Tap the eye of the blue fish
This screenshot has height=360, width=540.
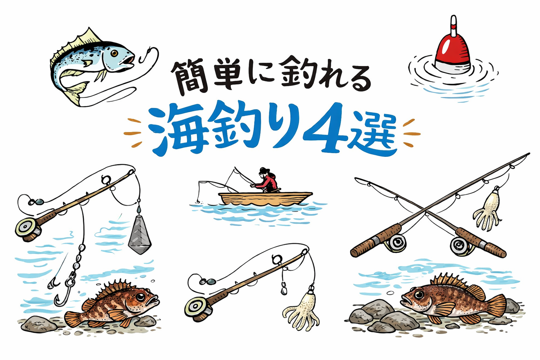114,54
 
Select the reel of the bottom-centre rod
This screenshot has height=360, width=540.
195,308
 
